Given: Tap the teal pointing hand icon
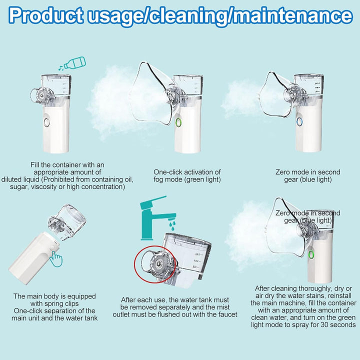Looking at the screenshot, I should tap(57, 259).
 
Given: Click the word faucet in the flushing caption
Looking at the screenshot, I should tap(226, 314).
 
